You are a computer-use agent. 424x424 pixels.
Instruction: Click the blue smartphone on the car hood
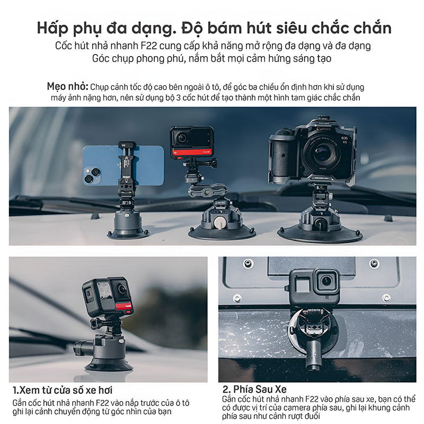coord(123,165)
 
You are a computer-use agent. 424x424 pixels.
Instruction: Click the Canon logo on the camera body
coord(323,129)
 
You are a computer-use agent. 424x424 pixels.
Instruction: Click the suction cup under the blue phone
coord(127,233)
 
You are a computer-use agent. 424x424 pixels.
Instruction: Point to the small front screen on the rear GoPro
coord(303,286)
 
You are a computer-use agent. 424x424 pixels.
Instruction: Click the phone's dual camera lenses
coord(92,174)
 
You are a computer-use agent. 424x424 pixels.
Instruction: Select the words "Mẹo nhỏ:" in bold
coord(68,86)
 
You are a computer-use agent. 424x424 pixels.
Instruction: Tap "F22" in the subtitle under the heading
coord(149,46)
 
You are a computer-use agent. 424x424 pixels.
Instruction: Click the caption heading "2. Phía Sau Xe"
coord(254,389)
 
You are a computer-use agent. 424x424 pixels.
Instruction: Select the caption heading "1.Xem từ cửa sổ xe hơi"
coord(62,390)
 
